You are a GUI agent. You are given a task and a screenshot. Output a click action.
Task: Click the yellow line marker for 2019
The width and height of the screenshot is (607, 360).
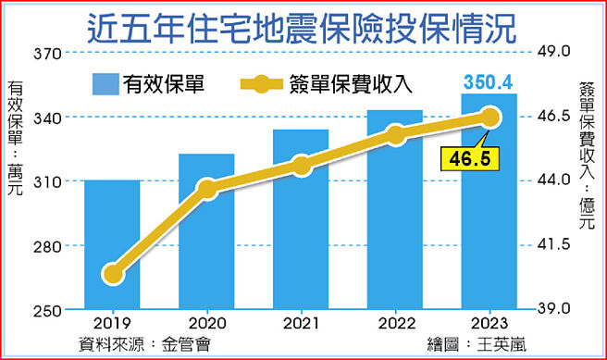(x=112, y=273)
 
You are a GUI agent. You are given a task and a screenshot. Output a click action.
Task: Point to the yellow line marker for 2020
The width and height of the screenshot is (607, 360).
(x=206, y=189)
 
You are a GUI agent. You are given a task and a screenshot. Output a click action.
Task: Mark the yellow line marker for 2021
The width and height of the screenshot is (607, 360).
(x=301, y=166)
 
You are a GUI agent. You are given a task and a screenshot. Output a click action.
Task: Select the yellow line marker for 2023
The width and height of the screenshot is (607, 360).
(x=489, y=117)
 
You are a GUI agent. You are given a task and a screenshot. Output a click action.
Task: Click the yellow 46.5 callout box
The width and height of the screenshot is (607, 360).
(x=468, y=159)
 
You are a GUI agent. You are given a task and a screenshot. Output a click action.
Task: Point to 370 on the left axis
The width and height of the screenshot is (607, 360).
(x=45, y=54)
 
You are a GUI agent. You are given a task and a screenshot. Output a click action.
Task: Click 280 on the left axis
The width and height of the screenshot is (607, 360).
(x=45, y=246)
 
